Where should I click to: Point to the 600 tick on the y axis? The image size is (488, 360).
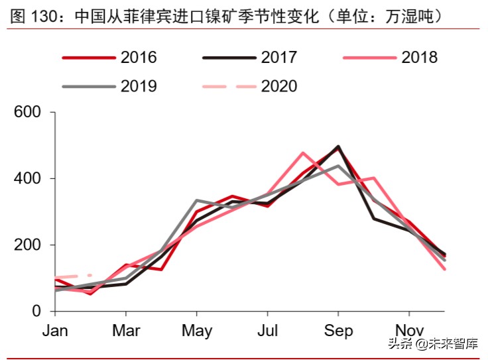(x=29, y=113)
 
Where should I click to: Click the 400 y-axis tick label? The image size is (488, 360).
(x=29, y=179)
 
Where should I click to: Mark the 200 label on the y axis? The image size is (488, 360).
(x=29, y=245)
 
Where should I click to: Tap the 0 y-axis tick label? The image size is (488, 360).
(x=37, y=312)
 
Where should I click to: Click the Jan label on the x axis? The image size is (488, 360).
(x=56, y=331)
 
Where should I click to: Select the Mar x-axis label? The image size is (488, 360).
(x=126, y=331)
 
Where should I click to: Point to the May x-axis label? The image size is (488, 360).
(x=196, y=331)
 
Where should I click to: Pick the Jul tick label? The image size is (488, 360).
(x=267, y=331)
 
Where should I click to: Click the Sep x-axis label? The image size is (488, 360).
(x=338, y=331)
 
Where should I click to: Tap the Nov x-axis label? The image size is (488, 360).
(x=408, y=331)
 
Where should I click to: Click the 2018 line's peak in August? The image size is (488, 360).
(x=303, y=153)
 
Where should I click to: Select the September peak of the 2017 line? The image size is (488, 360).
(x=339, y=147)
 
